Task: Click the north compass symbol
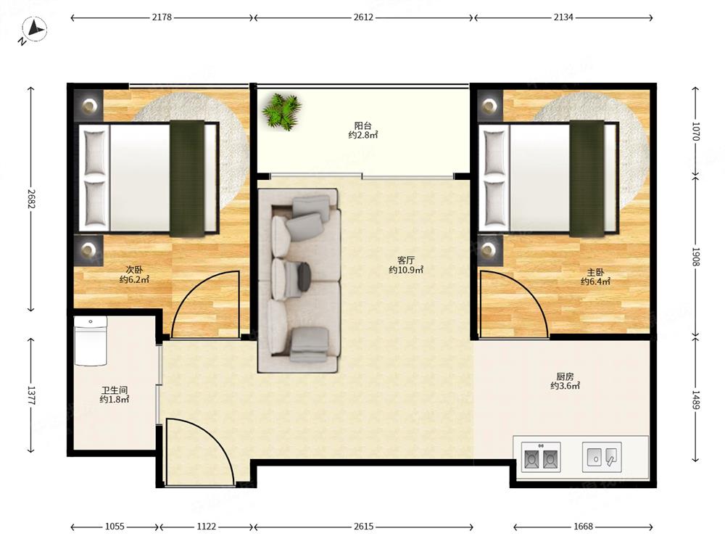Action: pyautogui.click(x=33, y=30)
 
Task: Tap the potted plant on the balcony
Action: pyautogui.click(x=281, y=112)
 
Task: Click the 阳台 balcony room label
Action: pyautogui.click(x=363, y=125)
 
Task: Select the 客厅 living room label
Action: pyautogui.click(x=406, y=260)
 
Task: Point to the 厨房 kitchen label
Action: pyautogui.click(x=565, y=376)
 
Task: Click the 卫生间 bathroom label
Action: pyautogui.click(x=115, y=390)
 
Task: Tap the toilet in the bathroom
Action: pyautogui.click(x=91, y=340)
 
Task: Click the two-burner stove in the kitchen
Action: pyautogui.click(x=541, y=457)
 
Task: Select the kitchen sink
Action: pyautogui.click(x=602, y=456)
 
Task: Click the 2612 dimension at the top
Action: pyautogui.click(x=363, y=17)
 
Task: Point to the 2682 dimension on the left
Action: pyautogui.click(x=31, y=199)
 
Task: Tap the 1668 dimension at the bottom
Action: pyautogui.click(x=583, y=527)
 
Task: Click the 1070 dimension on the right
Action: pyautogui.click(x=696, y=131)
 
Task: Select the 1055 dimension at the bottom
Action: pyautogui.click(x=115, y=527)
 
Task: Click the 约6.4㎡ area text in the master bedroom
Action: pyautogui.click(x=595, y=281)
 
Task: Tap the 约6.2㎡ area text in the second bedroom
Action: pyautogui.click(x=134, y=279)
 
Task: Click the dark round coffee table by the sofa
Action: pyautogui.click(x=304, y=276)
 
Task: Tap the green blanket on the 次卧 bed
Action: pyautogui.click(x=187, y=178)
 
